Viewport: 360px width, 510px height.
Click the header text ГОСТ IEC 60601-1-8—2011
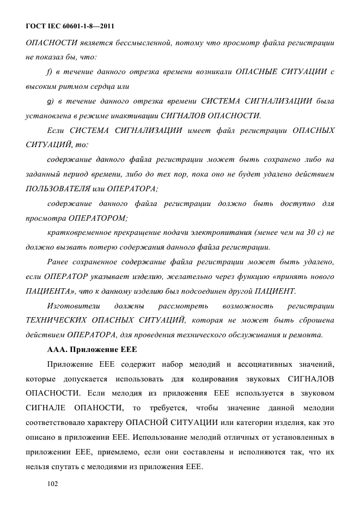point(70,26)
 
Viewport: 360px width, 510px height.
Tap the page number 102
point(53,483)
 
